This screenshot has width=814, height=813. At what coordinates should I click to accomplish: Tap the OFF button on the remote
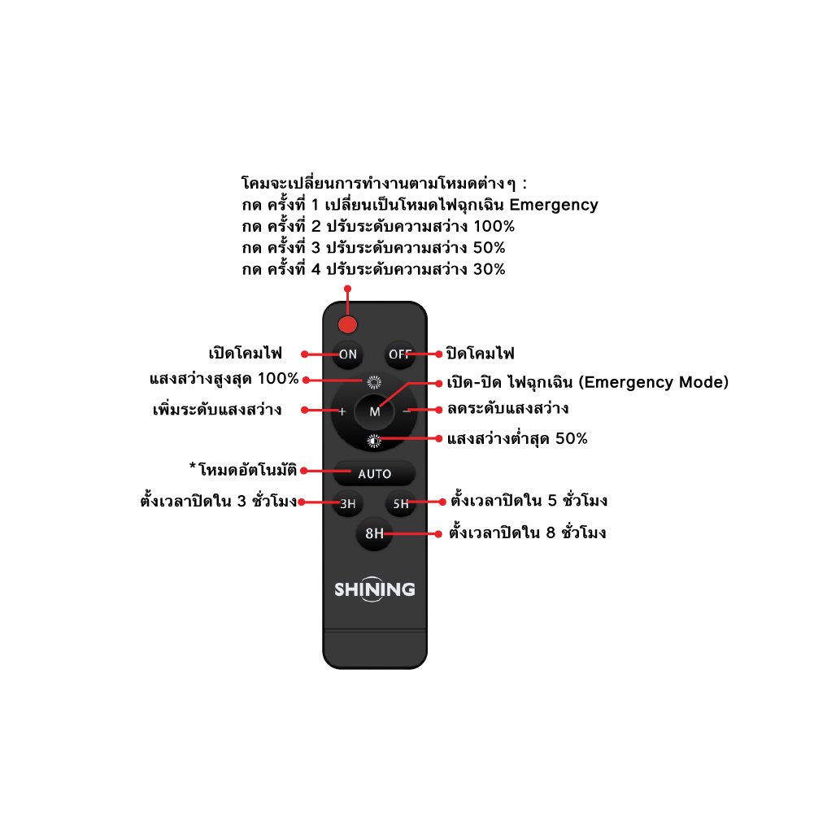point(400,354)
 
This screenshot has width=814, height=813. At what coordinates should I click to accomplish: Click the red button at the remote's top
point(347,325)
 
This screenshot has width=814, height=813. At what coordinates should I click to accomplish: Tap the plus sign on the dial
point(342,411)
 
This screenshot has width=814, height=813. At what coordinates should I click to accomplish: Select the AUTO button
point(374,473)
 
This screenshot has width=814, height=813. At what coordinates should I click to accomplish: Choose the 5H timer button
point(401,503)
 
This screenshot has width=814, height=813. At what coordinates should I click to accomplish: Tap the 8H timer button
point(374,533)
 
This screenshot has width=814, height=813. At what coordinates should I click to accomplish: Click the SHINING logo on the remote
point(374,589)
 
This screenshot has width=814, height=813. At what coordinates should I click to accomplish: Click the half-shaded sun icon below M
point(374,441)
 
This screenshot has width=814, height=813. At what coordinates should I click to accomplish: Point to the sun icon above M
point(374,383)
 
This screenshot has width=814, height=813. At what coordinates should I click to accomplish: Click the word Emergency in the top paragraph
point(554,205)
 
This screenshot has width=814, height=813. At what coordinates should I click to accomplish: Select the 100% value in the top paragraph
point(494,226)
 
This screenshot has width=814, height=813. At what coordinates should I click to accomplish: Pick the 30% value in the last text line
point(489,269)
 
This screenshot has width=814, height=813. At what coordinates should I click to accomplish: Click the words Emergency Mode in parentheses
point(654,382)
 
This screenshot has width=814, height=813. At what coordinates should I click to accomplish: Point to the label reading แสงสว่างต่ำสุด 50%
point(517,439)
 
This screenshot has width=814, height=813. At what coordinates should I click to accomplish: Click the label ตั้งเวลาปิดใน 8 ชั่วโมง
point(528,533)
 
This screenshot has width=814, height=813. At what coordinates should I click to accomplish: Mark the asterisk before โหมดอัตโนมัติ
point(193,466)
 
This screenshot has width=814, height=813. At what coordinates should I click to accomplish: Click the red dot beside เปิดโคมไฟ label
point(305,354)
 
